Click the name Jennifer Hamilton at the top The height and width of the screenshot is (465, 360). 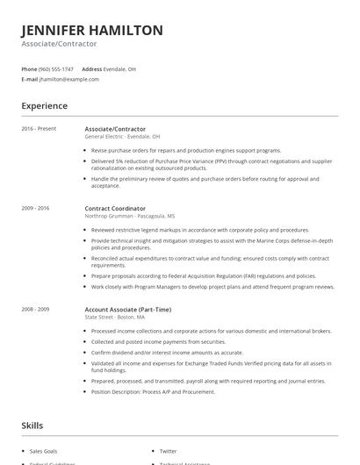[x=92, y=30]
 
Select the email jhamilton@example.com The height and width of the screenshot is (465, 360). [x=69, y=79]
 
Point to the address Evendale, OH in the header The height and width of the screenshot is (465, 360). [x=120, y=68]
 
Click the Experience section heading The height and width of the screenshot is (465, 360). [x=45, y=106]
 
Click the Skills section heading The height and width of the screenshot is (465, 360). [x=32, y=426]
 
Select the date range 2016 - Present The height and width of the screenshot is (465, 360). [x=39, y=129]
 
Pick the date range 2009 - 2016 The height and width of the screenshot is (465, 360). [x=36, y=208]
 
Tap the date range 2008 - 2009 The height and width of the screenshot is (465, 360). [x=36, y=309]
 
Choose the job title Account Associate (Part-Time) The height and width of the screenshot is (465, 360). [x=127, y=309]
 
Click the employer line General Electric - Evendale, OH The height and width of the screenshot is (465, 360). [x=122, y=136]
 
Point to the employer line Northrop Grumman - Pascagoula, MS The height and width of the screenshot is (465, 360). [x=129, y=215]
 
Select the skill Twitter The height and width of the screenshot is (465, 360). [x=168, y=451]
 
